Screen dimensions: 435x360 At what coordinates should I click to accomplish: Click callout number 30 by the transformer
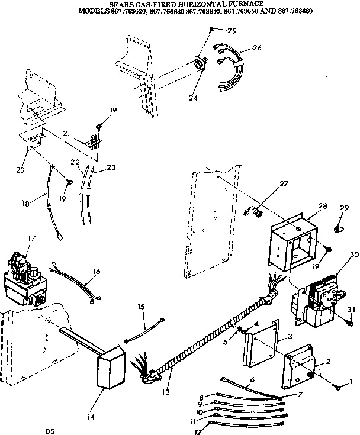[338, 254]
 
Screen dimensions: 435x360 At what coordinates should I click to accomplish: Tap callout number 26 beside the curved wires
[256, 47]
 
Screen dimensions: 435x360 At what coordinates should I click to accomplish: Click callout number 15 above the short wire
[141, 307]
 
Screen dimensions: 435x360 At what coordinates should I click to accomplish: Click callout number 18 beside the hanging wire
[24, 203]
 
